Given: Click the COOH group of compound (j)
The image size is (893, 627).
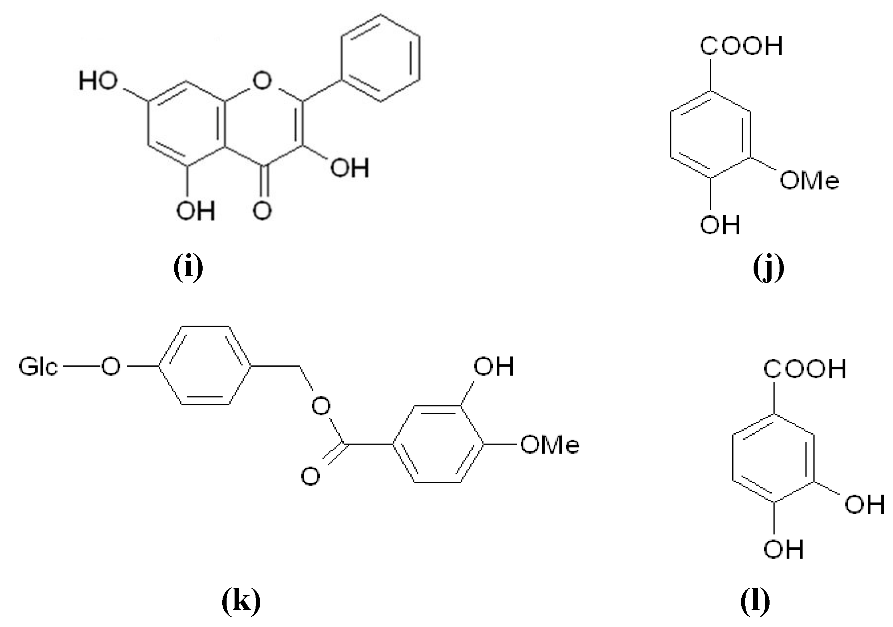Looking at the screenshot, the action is (x=741, y=46).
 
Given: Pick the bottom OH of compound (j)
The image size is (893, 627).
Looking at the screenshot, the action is (x=720, y=225).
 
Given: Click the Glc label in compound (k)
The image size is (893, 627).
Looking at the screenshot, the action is (x=39, y=367).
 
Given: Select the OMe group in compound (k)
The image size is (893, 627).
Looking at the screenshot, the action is (x=550, y=445).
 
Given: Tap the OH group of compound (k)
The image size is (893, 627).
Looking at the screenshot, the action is (x=493, y=366).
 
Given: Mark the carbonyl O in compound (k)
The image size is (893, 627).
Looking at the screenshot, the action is (x=310, y=476).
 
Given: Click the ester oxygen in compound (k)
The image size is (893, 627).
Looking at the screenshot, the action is (x=321, y=406).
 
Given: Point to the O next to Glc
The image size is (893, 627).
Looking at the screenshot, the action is (x=110, y=367).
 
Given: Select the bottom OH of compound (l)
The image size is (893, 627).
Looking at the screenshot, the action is (x=783, y=549).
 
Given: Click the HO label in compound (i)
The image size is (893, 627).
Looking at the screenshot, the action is (x=98, y=81).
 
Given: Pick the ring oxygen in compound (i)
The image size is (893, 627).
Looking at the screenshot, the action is (x=262, y=81).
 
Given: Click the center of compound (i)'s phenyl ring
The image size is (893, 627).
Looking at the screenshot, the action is (x=380, y=58).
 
